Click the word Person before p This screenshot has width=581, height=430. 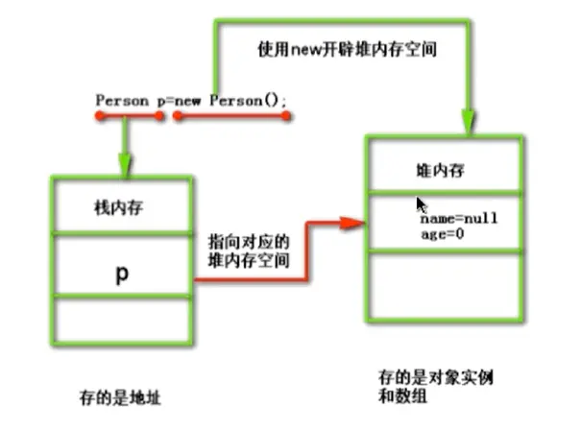tap(118, 100)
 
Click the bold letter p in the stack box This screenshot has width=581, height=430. tap(122, 275)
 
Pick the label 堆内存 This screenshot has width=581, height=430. tap(440, 171)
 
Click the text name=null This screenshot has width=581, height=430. tap(459, 219)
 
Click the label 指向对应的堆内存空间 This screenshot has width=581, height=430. tap(249, 251)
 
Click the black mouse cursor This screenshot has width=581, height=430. tap(421, 205)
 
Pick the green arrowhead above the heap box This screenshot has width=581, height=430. tap(468, 124)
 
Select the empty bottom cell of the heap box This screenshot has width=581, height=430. tap(446, 285)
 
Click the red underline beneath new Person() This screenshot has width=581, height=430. tap(231, 116)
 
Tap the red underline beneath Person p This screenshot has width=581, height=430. tap(130, 116)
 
